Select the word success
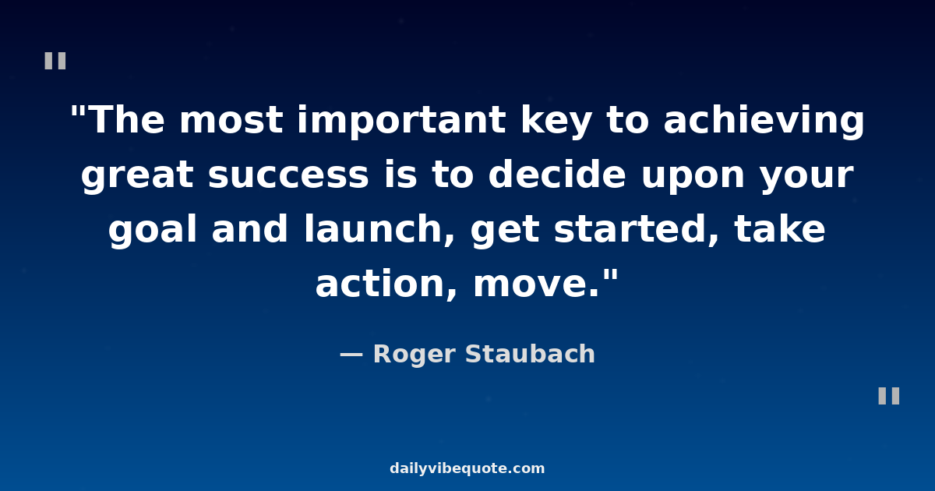pyautogui.click(x=288, y=176)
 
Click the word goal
pyautogui.click(x=153, y=231)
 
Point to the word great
pyautogui.click(x=137, y=176)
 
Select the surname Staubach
pyautogui.click(x=530, y=354)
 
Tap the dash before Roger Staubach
pyautogui.click(x=351, y=355)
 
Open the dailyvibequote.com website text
pyautogui.click(x=467, y=468)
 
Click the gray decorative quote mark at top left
pyautogui.click(x=55, y=61)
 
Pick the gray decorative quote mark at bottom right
pyautogui.click(x=888, y=396)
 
